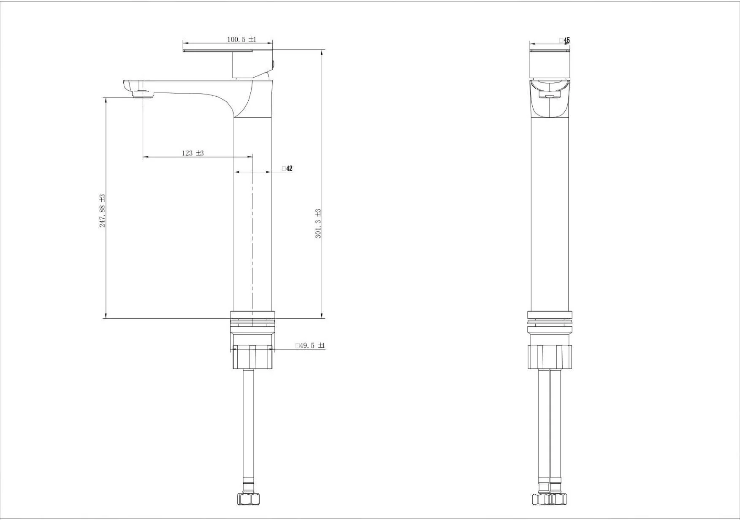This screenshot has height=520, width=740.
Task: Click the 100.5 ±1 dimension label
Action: (x=242, y=39)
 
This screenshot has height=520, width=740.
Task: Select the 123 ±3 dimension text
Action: (x=193, y=153)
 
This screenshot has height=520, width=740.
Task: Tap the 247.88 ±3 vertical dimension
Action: (x=102, y=211)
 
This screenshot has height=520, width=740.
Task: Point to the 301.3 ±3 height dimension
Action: (x=318, y=224)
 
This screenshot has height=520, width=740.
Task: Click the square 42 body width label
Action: (x=287, y=168)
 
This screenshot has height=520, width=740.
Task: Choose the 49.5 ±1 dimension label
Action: (x=310, y=346)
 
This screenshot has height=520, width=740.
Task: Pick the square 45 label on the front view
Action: (x=565, y=40)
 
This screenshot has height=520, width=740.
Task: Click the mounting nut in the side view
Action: (x=252, y=357)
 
